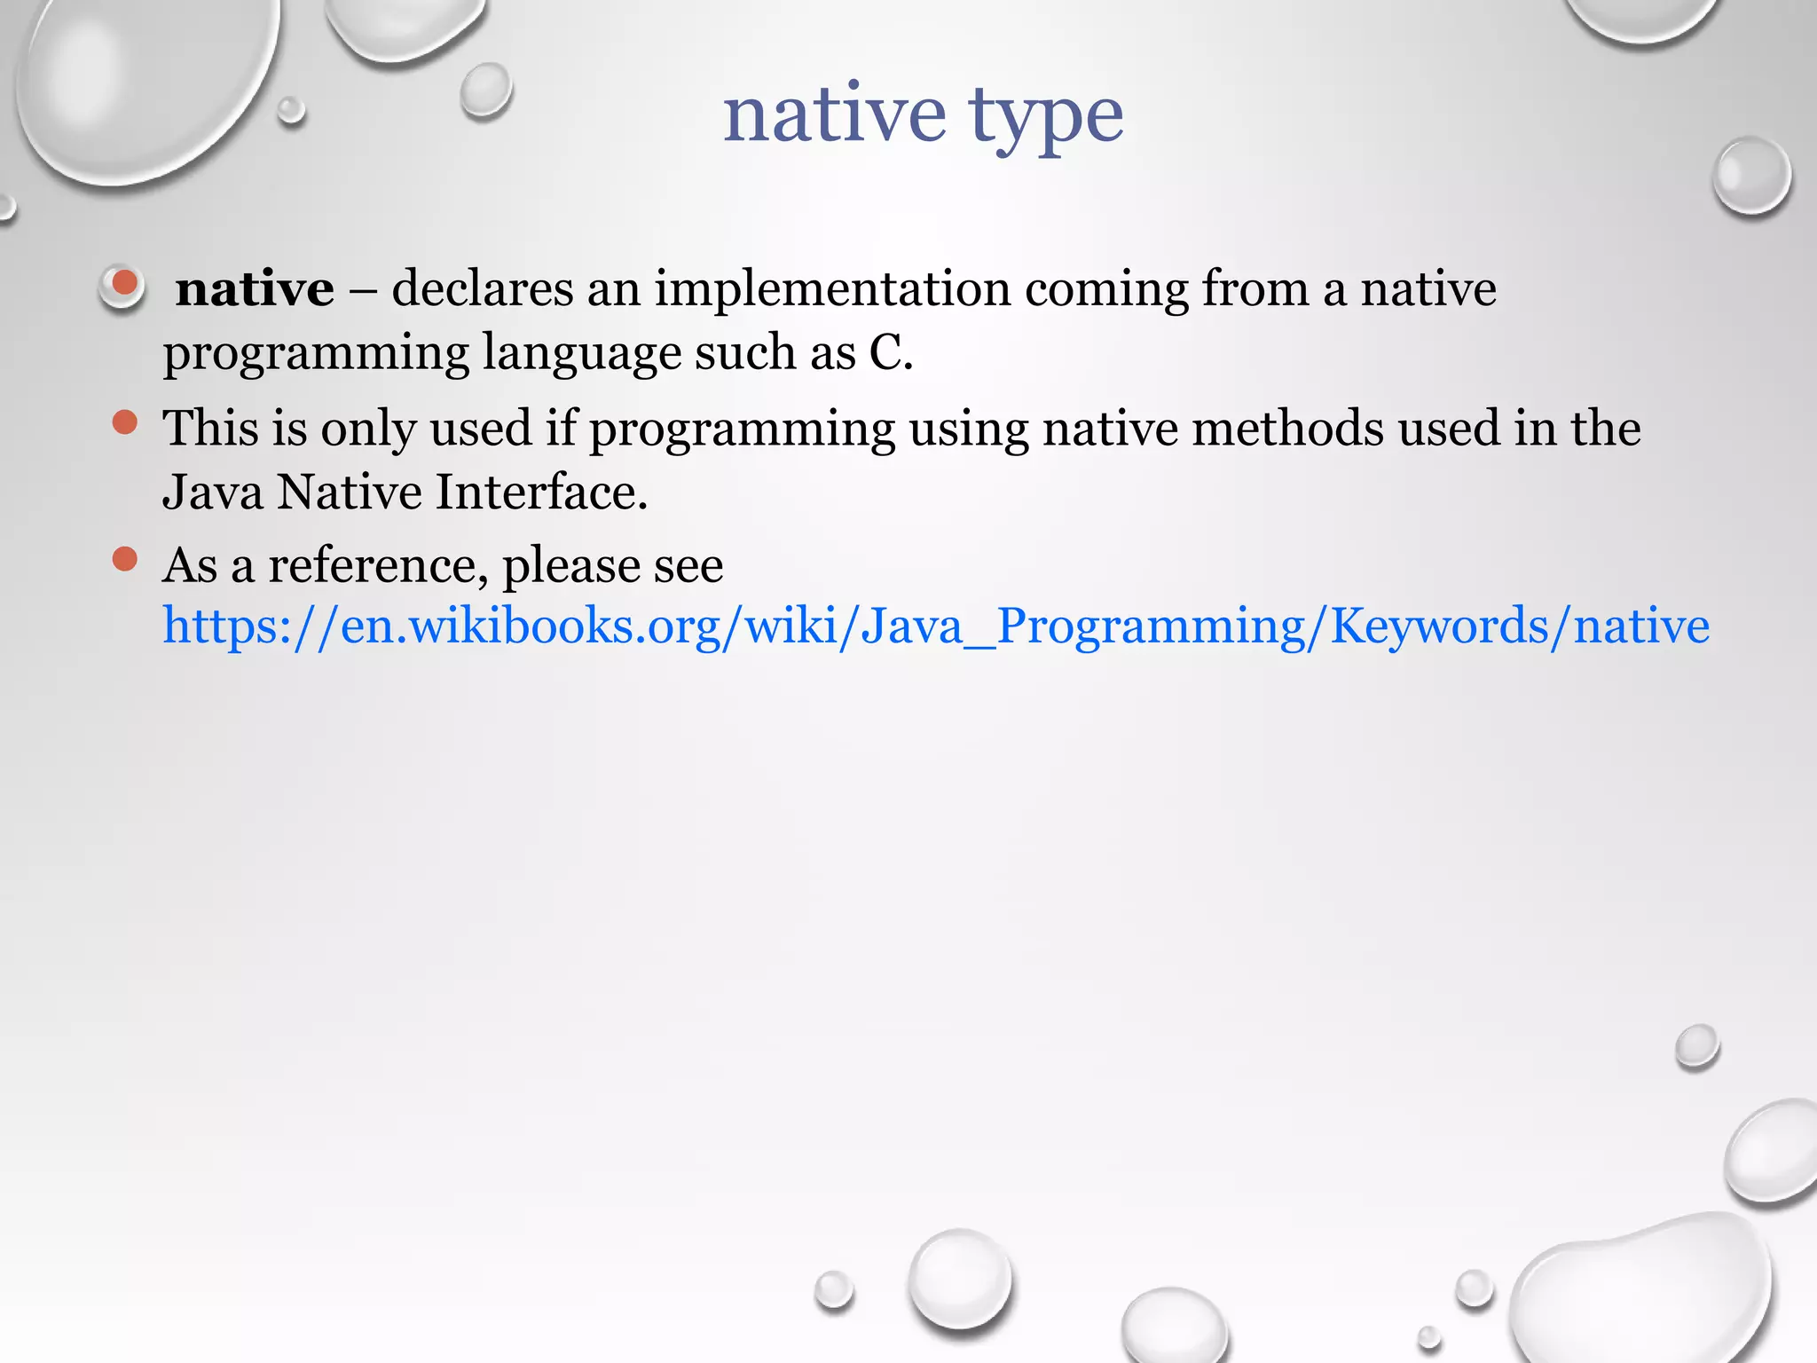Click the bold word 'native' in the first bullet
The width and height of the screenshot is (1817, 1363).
click(x=255, y=289)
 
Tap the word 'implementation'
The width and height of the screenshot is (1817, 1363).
click(x=832, y=289)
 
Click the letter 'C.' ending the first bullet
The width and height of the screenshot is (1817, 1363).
click(x=890, y=353)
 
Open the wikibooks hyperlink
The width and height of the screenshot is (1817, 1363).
click(x=935, y=626)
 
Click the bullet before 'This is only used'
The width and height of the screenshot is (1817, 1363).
click(x=125, y=422)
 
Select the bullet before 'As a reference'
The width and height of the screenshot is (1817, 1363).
click(x=125, y=559)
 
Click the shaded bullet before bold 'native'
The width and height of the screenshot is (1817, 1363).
click(x=123, y=286)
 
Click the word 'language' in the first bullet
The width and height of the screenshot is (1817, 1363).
click(x=581, y=353)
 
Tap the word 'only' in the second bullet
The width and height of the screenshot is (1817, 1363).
click(x=367, y=429)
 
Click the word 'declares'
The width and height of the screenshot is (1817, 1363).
click(x=483, y=289)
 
